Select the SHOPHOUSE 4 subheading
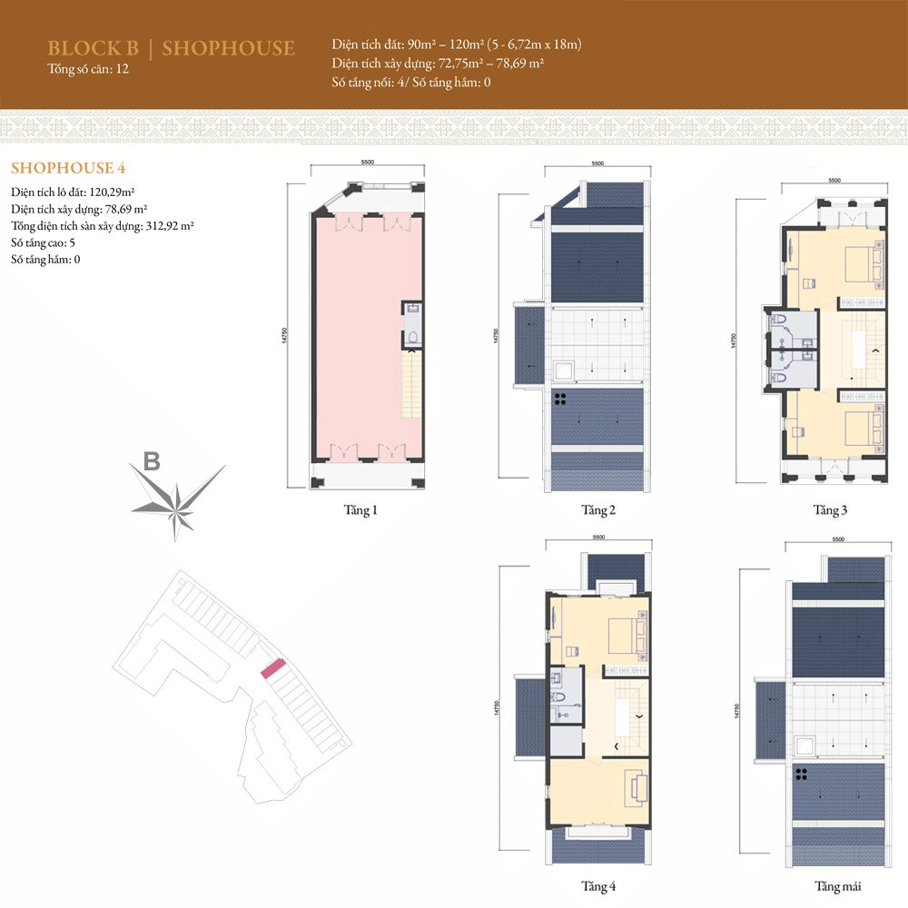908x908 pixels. pyautogui.click(x=67, y=168)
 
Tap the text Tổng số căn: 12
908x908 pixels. pyautogui.click(x=88, y=70)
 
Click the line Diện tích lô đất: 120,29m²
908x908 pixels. pyautogui.click(x=74, y=192)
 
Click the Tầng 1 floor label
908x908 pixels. pyautogui.click(x=361, y=510)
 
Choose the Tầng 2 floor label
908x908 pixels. pyautogui.click(x=598, y=510)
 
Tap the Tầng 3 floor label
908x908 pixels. pyautogui.click(x=830, y=510)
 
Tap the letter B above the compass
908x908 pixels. pyautogui.click(x=152, y=462)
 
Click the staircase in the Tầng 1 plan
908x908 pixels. pyautogui.click(x=413, y=385)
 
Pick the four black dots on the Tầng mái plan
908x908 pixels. pyautogui.click(x=803, y=775)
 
